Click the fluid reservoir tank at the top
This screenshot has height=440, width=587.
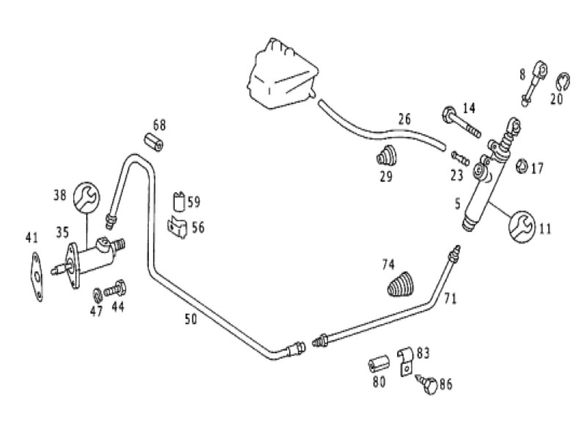(x=282, y=75)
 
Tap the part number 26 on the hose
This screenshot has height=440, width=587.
(x=404, y=119)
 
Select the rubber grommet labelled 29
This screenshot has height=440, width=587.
(x=386, y=155)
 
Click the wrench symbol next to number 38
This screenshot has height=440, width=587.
(x=87, y=196)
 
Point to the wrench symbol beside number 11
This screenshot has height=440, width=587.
(x=522, y=227)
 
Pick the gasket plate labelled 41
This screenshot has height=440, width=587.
(x=37, y=276)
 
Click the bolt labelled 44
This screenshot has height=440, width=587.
(x=115, y=288)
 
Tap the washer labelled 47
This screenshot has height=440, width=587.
(x=97, y=296)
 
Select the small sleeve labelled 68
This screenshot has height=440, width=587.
(x=154, y=142)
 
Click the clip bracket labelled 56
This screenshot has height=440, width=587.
(x=178, y=227)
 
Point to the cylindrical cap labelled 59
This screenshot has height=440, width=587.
(x=179, y=202)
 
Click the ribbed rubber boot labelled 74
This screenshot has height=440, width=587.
(x=400, y=284)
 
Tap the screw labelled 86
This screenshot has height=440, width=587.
(x=428, y=384)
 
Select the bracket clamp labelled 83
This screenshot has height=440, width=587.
(x=406, y=362)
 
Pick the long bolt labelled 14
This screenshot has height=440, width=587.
(x=462, y=122)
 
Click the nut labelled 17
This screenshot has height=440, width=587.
(x=522, y=166)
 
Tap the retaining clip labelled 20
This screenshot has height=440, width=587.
(x=563, y=82)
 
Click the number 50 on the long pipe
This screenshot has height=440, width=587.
(x=191, y=319)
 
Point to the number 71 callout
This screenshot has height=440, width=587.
(x=451, y=298)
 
